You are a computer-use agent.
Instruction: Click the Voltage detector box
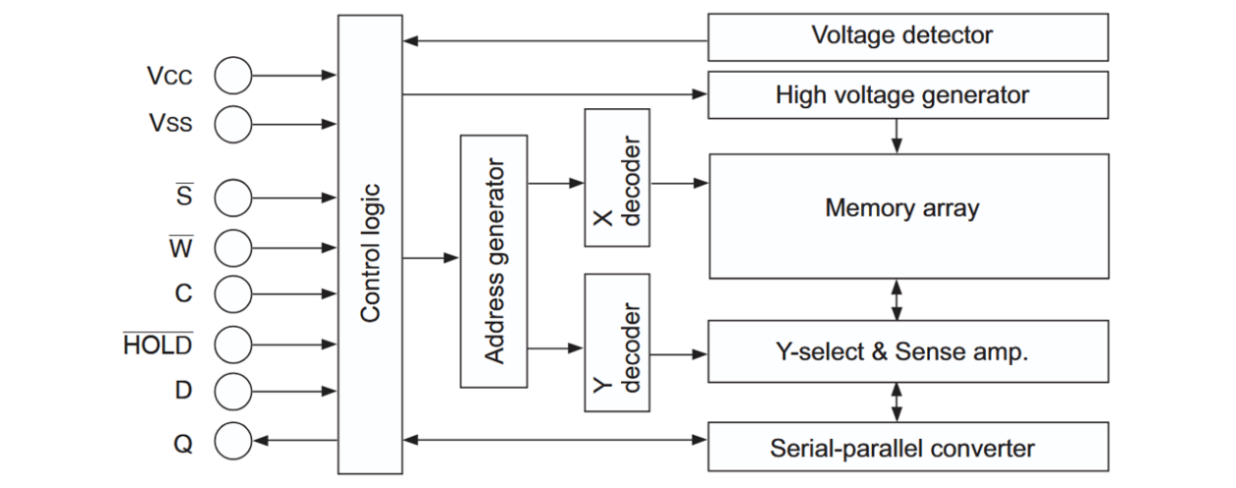[x=901, y=36]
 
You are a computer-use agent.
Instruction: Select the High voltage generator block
[x=901, y=95]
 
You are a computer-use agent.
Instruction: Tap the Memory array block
[x=901, y=210]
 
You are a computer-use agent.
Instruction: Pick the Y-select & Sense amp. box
[x=901, y=351]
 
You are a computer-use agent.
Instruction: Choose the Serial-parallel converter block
[x=901, y=448]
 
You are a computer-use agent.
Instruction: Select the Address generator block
[x=494, y=261]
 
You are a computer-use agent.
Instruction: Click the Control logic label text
[x=370, y=253]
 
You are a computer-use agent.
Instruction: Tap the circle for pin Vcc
[x=233, y=75]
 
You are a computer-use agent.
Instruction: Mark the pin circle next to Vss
[x=233, y=123]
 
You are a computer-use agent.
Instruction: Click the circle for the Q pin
[x=233, y=441]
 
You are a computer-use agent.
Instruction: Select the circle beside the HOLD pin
[x=233, y=343]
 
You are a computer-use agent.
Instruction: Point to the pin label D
[x=183, y=391]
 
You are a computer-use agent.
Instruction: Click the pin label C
[x=183, y=294]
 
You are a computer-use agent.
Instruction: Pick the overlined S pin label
[x=184, y=198]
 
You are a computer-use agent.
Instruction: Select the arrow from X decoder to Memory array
[x=679, y=183]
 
